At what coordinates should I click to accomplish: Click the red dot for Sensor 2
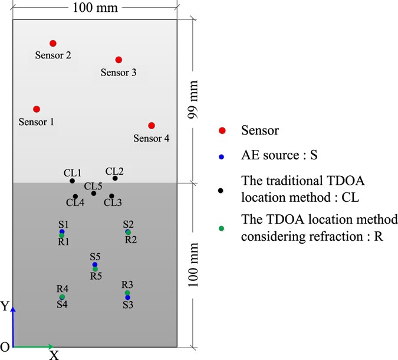[x=53, y=43]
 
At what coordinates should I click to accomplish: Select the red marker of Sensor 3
[x=119, y=60]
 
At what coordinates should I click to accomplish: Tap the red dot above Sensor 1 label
[x=37, y=109]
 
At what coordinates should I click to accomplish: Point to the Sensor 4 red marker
[x=152, y=125]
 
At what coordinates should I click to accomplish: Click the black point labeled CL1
[x=72, y=181]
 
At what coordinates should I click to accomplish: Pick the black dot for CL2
[x=115, y=178]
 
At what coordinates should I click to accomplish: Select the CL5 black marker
[x=93, y=193]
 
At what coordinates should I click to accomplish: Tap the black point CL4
[x=75, y=196]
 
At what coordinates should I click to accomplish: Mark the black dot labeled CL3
[x=111, y=196]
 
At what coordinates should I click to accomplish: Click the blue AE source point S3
[x=127, y=297]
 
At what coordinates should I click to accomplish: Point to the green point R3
[x=127, y=293]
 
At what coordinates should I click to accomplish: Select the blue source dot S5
[x=94, y=264]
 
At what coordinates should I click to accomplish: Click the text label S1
[x=64, y=224]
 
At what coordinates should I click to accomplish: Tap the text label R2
[x=131, y=240]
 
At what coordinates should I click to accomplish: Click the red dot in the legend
[x=222, y=130]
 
